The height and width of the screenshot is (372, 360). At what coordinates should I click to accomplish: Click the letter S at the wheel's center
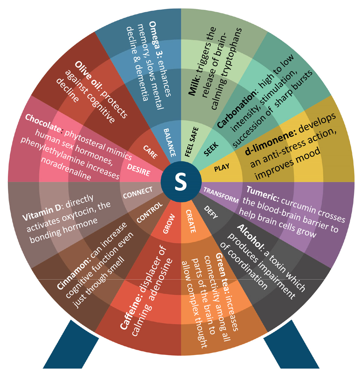[x=181, y=182]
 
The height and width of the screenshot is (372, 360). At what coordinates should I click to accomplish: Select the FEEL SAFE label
[x=192, y=142]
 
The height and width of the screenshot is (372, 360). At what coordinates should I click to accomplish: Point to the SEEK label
[x=211, y=149]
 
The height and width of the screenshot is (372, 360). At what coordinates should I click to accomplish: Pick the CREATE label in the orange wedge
[x=191, y=221]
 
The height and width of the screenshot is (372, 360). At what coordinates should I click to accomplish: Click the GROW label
[x=169, y=223]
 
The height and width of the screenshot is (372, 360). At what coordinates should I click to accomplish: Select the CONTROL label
[x=149, y=213]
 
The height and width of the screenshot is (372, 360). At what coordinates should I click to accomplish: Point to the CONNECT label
[x=138, y=193]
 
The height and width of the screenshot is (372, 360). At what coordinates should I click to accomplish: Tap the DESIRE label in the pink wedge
[x=139, y=170]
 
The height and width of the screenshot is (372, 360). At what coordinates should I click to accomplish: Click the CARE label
[x=150, y=152]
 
